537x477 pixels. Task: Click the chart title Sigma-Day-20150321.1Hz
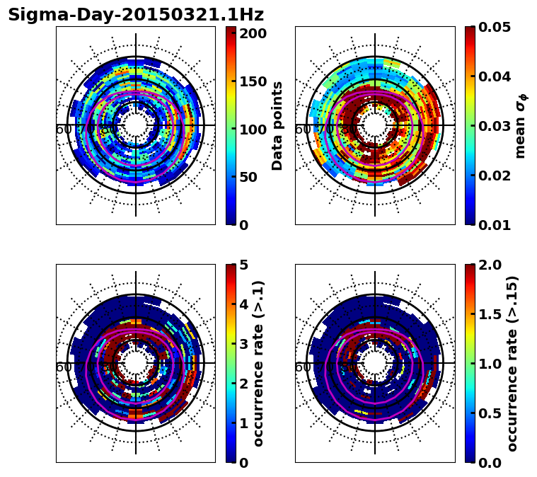pos(136,15)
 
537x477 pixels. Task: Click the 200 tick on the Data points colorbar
pos(253,33)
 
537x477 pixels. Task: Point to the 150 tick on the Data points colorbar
pos(253,81)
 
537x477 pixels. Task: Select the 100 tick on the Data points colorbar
pos(253,130)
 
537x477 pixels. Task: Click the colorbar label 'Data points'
pos(277,125)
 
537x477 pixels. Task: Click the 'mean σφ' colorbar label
pos(520,126)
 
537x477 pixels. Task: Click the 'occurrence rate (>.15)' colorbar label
pos(512,364)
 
